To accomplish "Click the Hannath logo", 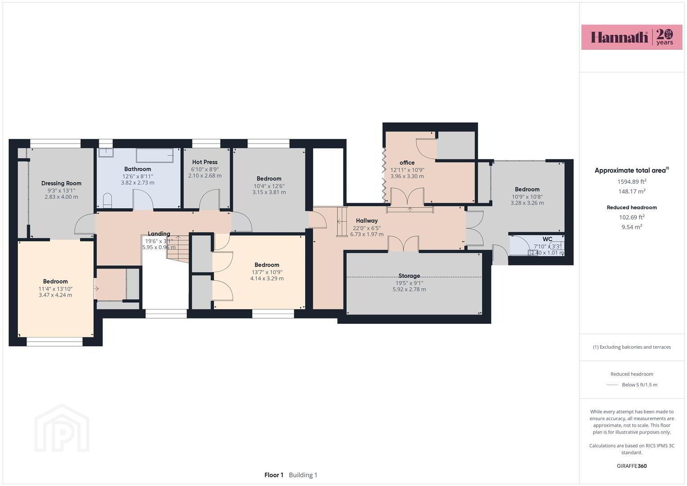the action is click(x=632, y=37).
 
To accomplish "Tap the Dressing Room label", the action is click(x=61, y=183).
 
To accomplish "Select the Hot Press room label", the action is click(x=205, y=162).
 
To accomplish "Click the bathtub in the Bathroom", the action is click(x=155, y=155).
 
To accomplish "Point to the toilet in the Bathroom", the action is click(x=107, y=201).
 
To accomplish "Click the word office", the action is click(x=407, y=162).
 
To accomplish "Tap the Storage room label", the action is click(x=409, y=276).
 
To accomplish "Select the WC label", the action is click(x=547, y=239).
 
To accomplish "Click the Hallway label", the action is click(x=367, y=220).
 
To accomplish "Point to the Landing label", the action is click(x=159, y=234).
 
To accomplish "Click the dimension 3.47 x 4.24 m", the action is click(x=55, y=295).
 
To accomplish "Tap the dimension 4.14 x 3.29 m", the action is click(x=267, y=279).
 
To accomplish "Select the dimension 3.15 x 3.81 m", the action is click(x=269, y=193).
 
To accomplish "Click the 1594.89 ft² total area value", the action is click(x=632, y=182).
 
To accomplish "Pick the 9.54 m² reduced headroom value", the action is click(x=632, y=227).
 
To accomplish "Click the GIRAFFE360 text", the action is click(x=632, y=466).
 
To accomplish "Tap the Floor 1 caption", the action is click(x=274, y=475).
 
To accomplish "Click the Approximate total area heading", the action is click(x=632, y=170).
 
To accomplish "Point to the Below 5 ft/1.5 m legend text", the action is click(x=639, y=385).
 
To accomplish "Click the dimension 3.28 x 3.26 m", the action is click(x=527, y=203).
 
